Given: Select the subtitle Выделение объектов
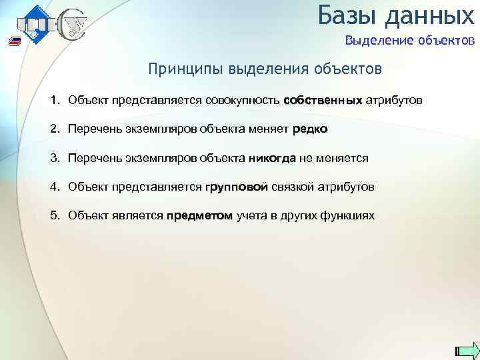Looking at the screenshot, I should (409, 41).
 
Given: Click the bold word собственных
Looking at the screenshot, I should (323, 101).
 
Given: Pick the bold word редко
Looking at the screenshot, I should (310, 129).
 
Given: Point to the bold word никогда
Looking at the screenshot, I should (272, 159).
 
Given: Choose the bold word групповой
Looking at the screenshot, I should (237, 187).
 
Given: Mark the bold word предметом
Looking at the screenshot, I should (200, 216).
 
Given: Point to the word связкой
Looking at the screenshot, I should (292, 187).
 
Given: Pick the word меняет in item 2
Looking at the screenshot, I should (269, 129).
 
